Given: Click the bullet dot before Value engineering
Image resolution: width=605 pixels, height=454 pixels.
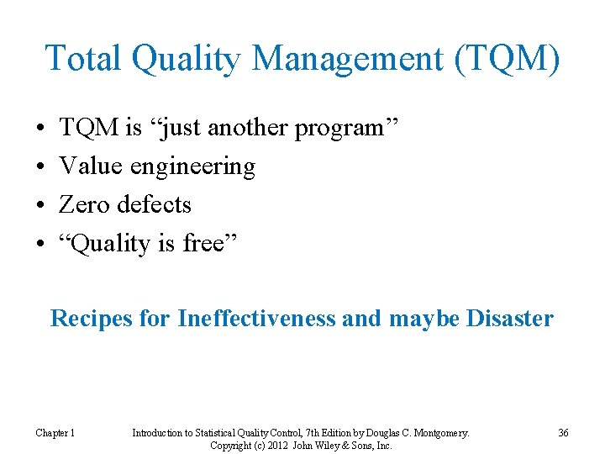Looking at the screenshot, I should [x=40, y=166].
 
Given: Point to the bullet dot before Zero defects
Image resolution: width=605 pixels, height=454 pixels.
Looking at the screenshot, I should [x=40, y=205].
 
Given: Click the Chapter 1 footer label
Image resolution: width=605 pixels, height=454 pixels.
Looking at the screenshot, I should [x=55, y=433].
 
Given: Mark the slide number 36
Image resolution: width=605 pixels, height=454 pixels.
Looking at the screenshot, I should [x=563, y=433].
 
